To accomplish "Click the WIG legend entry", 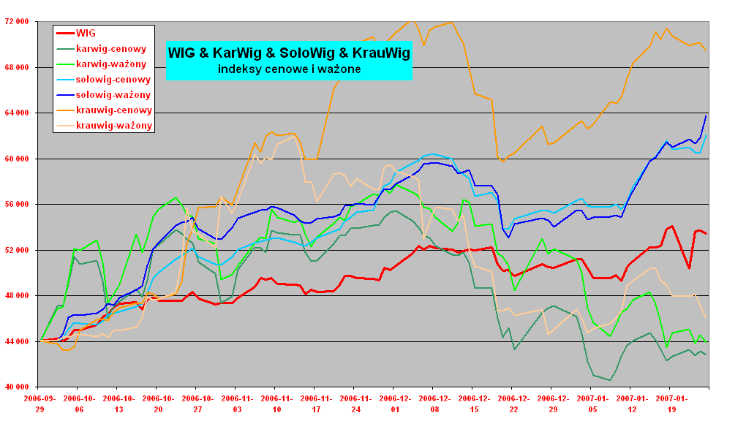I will (86, 33).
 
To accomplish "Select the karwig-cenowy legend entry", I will (110, 49).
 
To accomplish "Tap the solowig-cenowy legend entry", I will (113, 80).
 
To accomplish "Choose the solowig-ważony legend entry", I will (113, 95).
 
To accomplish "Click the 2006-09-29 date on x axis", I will (39, 404).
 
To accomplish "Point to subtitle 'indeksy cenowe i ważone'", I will (289, 69).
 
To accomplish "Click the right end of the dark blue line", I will (706, 116).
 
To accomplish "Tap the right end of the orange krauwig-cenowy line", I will (706, 50).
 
